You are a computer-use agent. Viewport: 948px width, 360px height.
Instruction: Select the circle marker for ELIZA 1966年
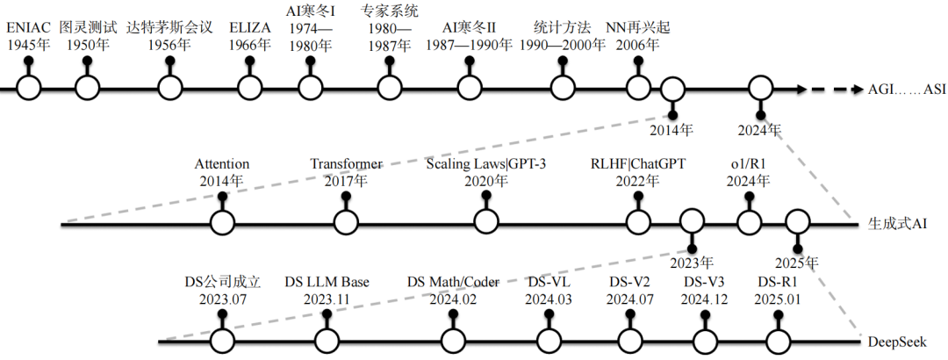[249, 88]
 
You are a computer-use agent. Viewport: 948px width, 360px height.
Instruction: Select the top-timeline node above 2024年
[760, 88]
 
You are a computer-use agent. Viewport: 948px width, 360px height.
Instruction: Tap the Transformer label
[346, 164]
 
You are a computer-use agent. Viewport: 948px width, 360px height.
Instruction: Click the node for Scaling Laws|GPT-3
[485, 224]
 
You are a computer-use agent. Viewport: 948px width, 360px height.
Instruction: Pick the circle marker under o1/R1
[748, 224]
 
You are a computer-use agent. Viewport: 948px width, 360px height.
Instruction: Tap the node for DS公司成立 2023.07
[223, 341]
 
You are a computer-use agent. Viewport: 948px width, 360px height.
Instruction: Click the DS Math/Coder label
[453, 283]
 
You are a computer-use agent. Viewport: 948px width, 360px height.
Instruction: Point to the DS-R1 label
[778, 283]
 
